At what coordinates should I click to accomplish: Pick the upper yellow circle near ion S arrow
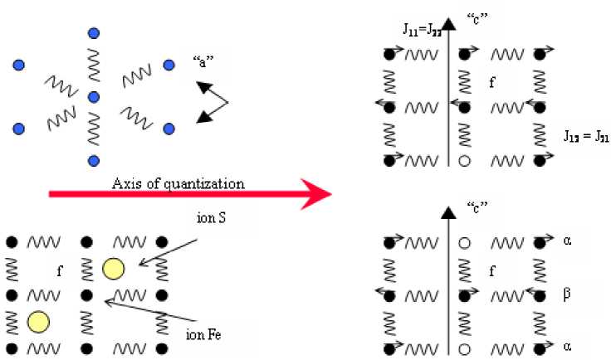(x=113, y=269)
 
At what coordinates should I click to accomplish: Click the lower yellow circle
(x=37, y=320)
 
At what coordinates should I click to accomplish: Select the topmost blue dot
(x=94, y=33)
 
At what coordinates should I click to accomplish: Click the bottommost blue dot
(x=94, y=160)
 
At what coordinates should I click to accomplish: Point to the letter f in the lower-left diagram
(x=60, y=269)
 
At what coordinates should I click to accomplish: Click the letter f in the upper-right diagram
(x=493, y=81)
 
